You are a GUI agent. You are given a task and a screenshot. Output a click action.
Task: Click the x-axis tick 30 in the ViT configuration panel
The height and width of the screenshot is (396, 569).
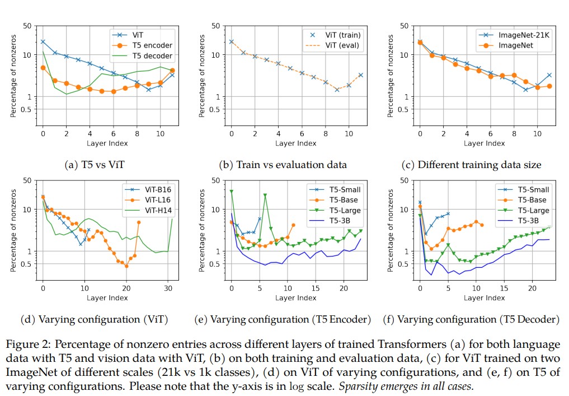pos(168,289)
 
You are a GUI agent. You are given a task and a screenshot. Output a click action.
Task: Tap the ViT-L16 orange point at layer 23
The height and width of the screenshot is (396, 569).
pos(139,222)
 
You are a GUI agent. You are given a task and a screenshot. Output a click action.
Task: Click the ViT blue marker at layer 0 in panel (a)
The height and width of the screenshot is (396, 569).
pos(43,42)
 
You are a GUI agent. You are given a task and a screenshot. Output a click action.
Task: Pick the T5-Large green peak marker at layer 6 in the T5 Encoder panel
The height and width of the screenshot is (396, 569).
pos(265,195)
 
